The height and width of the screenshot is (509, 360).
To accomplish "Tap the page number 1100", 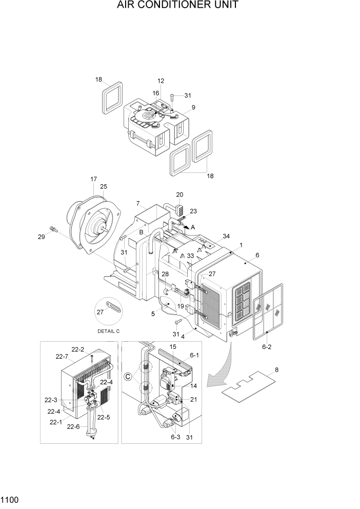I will coord(11,499).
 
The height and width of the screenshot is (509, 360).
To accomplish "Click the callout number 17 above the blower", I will coord(93,179).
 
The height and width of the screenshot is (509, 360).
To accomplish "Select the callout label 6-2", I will coord(267,347).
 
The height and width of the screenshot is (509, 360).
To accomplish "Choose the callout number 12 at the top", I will coord(161,81).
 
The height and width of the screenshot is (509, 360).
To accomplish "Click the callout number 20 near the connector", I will coord(179,194).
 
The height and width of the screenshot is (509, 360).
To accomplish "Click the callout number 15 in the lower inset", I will coord(173,347).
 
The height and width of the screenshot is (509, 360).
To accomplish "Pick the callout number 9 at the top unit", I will coord(193,107).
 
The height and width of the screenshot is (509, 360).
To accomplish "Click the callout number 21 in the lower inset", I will coord(193,399).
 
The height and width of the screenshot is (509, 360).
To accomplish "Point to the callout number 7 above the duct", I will coord(138,203).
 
